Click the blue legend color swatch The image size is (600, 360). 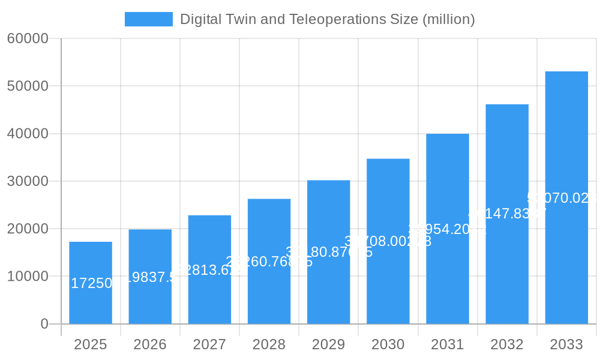pyautogui.click(x=148, y=19)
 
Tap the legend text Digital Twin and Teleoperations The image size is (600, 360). pyautogui.click(x=327, y=19)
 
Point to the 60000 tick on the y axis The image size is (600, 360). pyautogui.click(x=28, y=39)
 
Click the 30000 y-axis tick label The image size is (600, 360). pyautogui.click(x=28, y=181)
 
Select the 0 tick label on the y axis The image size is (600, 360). pyautogui.click(x=44, y=324)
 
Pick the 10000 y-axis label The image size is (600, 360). pyautogui.click(x=28, y=277)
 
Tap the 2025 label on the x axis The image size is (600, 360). pyautogui.click(x=91, y=344)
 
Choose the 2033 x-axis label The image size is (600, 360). pyautogui.click(x=566, y=344)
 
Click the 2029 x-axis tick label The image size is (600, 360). pyautogui.click(x=328, y=344)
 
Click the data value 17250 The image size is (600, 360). pyautogui.click(x=92, y=283)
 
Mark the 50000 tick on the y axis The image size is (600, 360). pyautogui.click(x=28, y=86)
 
